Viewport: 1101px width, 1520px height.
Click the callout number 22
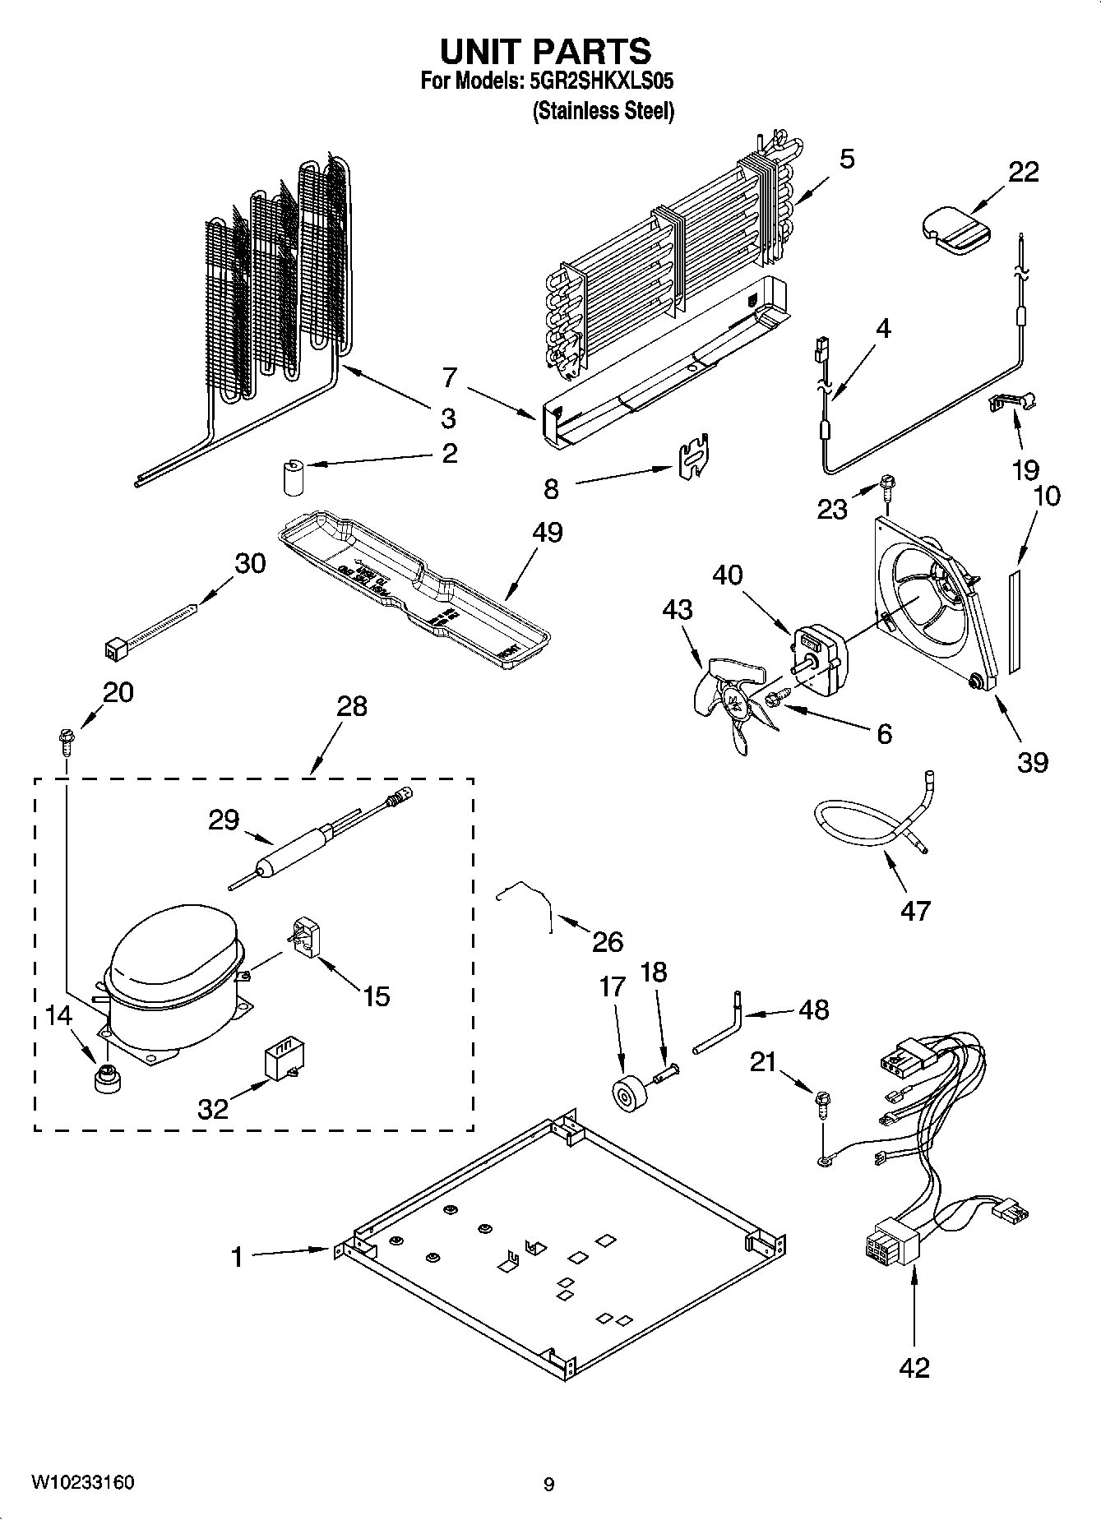[1023, 172]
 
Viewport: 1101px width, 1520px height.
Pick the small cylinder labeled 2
[293, 478]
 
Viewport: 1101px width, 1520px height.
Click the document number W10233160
[82, 1484]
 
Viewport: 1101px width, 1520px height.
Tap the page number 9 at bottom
[548, 1484]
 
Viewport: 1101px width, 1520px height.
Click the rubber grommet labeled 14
[105, 1078]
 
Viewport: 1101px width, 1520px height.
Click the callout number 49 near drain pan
[547, 532]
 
